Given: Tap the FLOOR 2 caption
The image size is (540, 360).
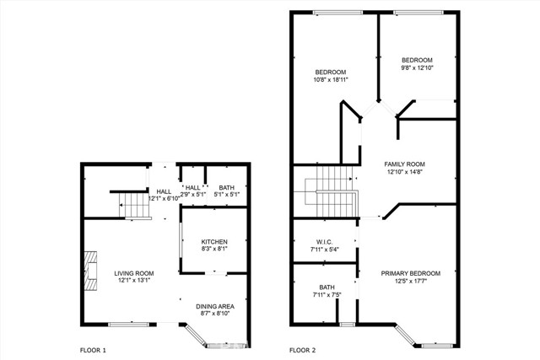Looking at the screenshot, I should [x=303, y=349].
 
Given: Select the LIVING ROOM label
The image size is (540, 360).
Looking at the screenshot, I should [x=133, y=273].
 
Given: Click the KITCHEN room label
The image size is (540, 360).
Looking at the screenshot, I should [x=214, y=242].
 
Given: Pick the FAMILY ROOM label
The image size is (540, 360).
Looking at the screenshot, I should [x=404, y=164].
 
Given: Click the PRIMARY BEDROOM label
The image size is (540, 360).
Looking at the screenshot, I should [x=410, y=273].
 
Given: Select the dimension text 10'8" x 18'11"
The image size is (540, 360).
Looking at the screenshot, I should [x=332, y=80].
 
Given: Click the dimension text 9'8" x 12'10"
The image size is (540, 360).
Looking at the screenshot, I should [x=417, y=68].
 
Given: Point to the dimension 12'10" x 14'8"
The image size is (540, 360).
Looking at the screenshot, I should [x=404, y=173].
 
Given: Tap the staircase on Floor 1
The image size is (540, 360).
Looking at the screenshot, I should [x=131, y=204].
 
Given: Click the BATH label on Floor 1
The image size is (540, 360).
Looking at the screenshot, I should [x=227, y=188].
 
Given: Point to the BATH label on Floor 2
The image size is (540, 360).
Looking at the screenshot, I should [x=327, y=287].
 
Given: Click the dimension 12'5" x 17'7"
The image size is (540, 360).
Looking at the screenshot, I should [x=410, y=282].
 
